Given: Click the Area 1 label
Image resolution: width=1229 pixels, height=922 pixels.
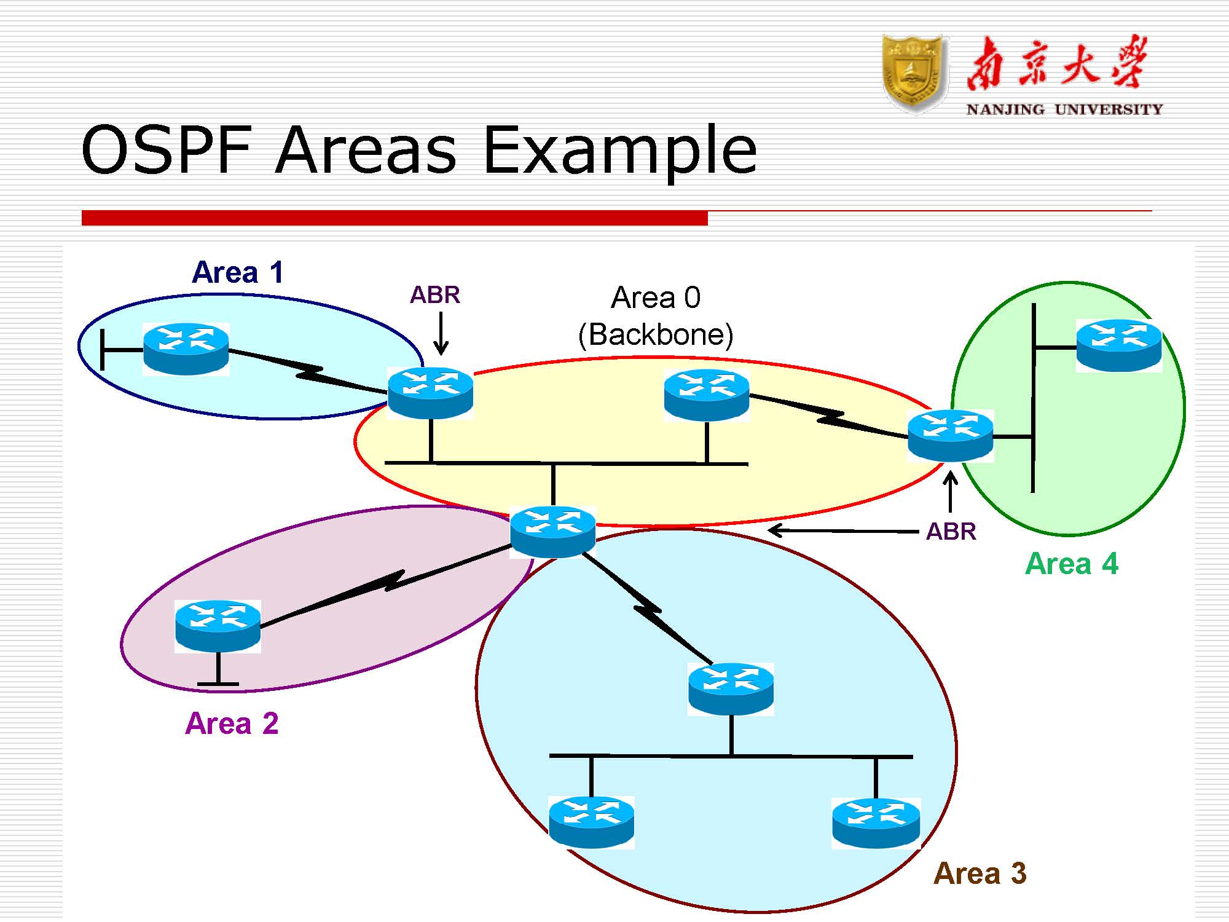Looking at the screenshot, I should point(238,272).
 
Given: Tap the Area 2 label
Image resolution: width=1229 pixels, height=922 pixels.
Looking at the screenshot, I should point(232,723).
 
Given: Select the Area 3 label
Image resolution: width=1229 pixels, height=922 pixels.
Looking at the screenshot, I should point(980,873).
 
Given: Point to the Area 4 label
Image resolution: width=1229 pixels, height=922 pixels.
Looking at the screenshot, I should point(1072,564).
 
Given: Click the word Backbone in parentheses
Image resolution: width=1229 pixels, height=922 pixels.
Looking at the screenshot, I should point(656,335).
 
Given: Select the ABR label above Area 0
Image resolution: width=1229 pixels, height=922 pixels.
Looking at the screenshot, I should point(434,295).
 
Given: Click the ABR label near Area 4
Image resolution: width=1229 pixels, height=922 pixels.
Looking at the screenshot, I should point(951,531).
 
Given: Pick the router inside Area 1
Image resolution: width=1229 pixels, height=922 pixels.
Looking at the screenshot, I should point(186,349).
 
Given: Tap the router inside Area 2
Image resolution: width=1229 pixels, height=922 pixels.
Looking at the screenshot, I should point(218,626).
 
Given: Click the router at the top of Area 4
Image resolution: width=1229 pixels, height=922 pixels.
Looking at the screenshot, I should point(1118,345).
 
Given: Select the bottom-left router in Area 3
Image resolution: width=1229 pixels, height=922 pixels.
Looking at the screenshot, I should point(591,822).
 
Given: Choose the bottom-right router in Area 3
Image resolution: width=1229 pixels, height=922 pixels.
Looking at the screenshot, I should point(876,822).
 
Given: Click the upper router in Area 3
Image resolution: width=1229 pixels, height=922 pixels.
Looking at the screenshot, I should point(731,688).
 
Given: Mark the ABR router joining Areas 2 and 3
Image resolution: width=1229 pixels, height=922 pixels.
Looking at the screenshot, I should point(552,531).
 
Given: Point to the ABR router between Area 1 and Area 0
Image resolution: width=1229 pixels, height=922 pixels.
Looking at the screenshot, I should point(430,393).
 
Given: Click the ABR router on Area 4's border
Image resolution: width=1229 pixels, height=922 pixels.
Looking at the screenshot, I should point(950,435).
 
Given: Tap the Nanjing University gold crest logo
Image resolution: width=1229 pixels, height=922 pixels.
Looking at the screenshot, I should point(912,73).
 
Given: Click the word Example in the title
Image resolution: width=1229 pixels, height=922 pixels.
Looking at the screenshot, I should point(619,151).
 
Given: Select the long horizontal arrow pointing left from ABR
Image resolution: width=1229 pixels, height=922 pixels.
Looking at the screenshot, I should point(843,530).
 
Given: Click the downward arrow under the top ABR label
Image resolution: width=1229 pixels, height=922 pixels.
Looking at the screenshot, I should point(441,333).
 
